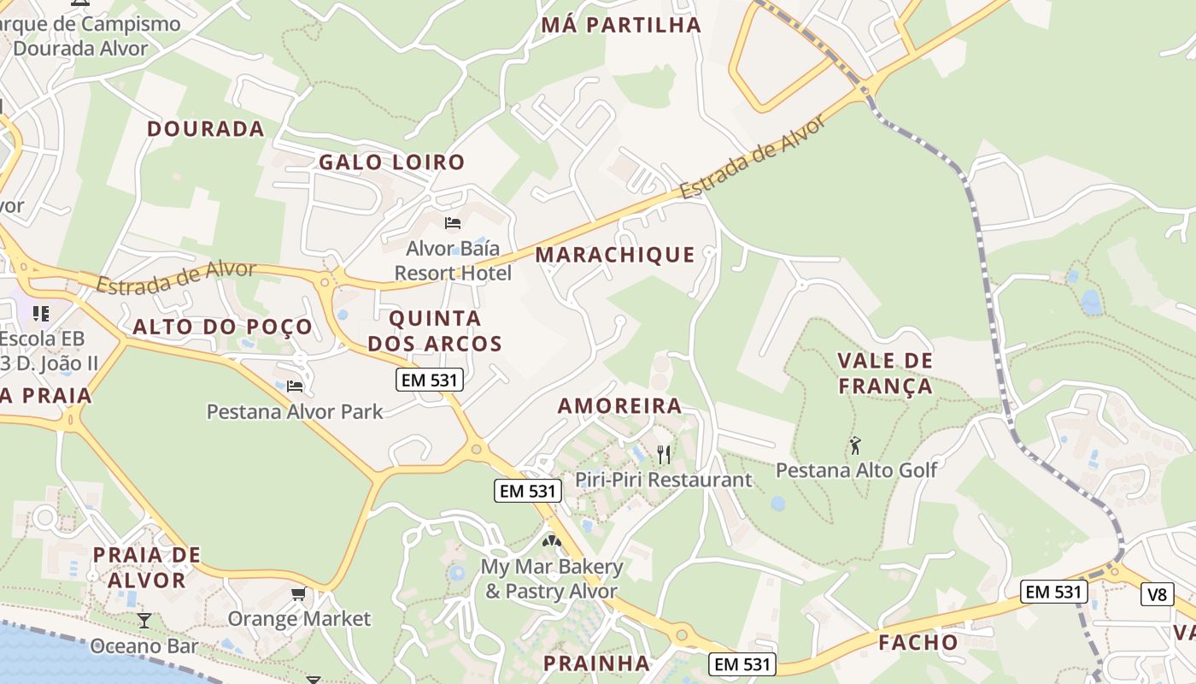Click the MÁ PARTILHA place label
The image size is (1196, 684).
tap(621, 25)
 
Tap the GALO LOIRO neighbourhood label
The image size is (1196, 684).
tap(391, 162)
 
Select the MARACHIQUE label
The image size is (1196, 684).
tap(615, 254)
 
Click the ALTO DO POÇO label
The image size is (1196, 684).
tap(222, 327)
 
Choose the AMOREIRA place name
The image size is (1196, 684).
tap(619, 405)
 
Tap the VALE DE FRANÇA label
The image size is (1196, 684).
tap(885, 374)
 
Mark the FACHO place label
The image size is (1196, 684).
tap(918, 642)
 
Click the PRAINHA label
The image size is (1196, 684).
tap(596, 663)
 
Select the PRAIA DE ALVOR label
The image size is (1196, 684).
tap(146, 567)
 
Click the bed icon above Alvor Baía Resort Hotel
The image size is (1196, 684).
tap(453, 223)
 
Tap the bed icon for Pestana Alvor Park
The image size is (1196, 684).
tap(295, 386)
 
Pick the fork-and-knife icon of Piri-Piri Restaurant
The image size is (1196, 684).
tap(663, 454)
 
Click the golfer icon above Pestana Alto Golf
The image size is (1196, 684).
tap(855, 445)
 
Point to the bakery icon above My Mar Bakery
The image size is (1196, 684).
tap(551, 541)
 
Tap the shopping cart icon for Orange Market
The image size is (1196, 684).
tap(298, 593)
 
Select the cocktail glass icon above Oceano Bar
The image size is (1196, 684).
tap(144, 621)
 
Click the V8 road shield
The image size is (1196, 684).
tap(1157, 594)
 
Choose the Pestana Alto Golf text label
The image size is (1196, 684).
tap(856, 469)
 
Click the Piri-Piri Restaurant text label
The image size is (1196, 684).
tap(663, 479)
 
